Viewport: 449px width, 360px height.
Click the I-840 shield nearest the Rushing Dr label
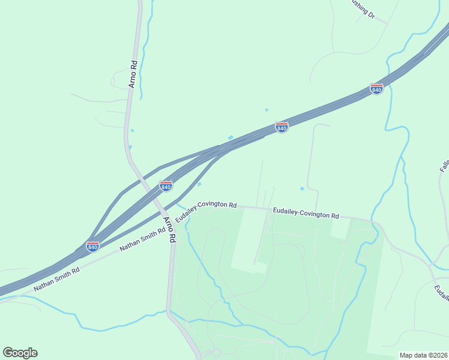click(376, 89)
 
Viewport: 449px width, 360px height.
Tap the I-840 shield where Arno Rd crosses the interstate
click(166, 186)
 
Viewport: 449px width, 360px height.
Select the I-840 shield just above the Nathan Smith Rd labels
click(92, 247)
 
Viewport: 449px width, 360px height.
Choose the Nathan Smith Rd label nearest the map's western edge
click(56, 280)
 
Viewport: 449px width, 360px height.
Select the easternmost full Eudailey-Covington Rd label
click(306, 213)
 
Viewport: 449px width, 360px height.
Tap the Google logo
click(20, 353)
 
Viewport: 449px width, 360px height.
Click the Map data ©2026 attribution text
click(423, 355)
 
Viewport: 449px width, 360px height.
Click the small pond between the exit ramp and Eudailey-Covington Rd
click(199, 184)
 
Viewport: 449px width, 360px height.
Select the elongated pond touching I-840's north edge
click(231, 137)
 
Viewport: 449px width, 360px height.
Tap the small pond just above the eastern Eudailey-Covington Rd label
click(302, 189)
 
